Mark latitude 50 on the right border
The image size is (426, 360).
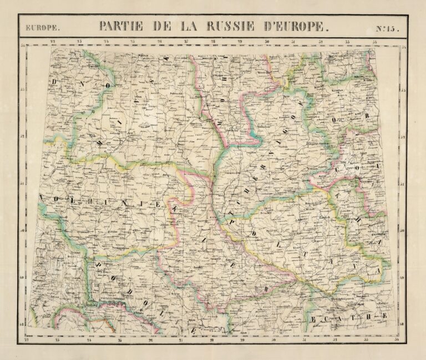point(403,230)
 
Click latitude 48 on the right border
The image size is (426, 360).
point(403,323)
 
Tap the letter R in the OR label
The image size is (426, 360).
point(350,119)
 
